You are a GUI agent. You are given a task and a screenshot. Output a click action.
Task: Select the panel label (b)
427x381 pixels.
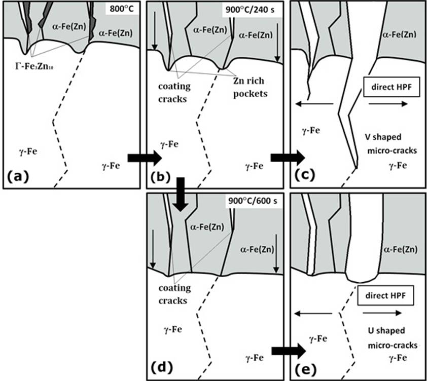click(161, 176)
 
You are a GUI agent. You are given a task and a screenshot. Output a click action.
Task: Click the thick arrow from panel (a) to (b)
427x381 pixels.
click(144, 159)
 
